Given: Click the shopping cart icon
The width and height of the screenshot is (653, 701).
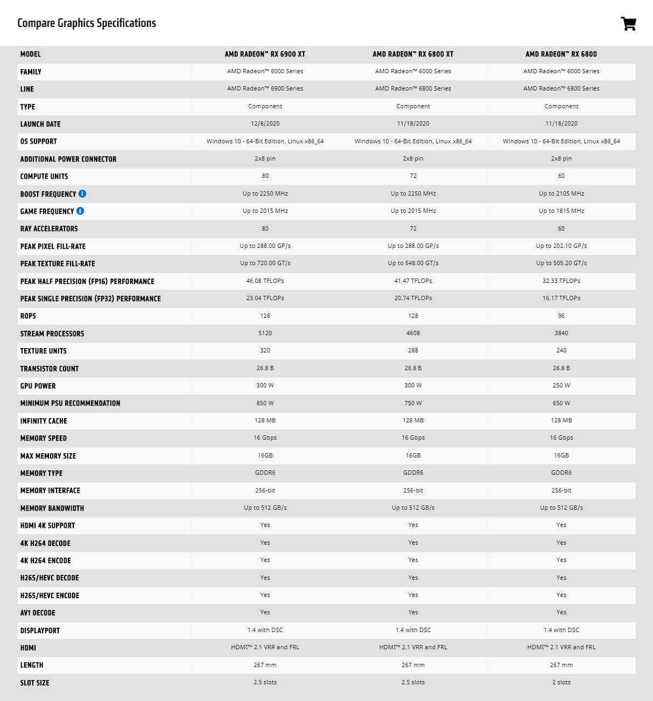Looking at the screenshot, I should coord(628,24).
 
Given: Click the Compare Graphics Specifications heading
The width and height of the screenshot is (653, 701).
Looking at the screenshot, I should coord(87,23).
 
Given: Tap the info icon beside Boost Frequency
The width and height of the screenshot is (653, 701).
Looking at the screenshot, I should coord(82,193).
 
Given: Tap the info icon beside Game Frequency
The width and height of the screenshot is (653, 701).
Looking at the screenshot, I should coord(80,211).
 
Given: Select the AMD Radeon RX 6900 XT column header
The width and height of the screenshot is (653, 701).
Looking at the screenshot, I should coord(265,54).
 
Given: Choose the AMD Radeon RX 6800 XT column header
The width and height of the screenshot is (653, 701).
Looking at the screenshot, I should coord(413,54).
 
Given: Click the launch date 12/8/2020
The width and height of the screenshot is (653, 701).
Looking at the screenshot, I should coord(265,123).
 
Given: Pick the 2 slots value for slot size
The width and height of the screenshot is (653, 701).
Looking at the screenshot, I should coord(561,682).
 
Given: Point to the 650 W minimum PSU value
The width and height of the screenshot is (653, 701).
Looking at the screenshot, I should coord(561,403).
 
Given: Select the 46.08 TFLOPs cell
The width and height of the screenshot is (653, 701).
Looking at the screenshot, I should coord(265,281).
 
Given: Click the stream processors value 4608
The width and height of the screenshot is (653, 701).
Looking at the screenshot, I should coord(413,333).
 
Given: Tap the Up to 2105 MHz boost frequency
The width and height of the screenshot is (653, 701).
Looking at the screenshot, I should coord(561,193).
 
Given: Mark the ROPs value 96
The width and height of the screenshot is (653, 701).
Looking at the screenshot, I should coord(561,316).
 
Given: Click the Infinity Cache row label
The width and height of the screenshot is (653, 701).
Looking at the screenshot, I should coord(44,421).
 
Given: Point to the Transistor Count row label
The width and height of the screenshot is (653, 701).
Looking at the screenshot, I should coord(50,369).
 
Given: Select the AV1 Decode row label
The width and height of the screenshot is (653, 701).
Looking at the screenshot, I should coord(38,613).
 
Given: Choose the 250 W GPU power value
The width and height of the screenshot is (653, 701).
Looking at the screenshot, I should coord(561,385).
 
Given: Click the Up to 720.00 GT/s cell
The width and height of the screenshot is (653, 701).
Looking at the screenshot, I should coord(265,263).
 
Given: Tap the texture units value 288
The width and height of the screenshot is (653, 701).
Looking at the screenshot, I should coord(413,350).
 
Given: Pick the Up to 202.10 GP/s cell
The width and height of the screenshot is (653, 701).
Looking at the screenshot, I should coord(561,246).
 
